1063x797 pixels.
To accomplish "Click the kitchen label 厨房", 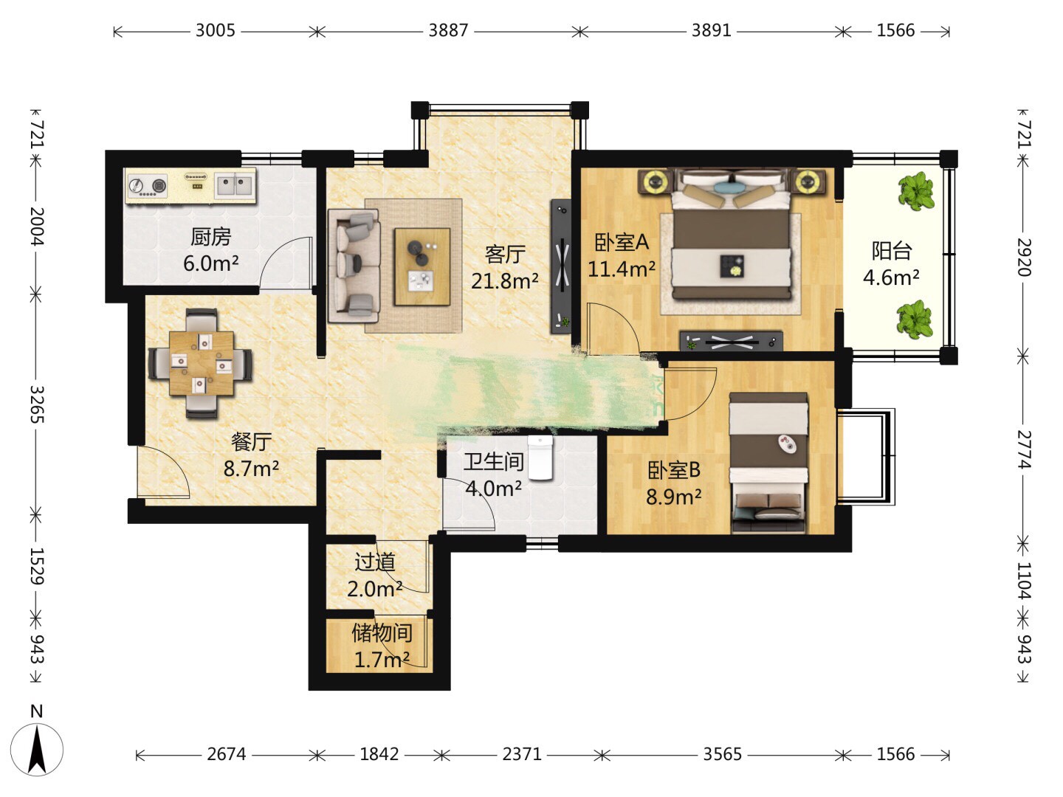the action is (210, 237).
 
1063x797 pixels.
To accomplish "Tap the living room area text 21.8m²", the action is (505, 280).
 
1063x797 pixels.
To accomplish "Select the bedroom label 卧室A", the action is (622, 243).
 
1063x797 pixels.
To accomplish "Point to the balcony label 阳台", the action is (892, 251).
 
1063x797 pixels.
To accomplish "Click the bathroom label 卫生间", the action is (494, 462).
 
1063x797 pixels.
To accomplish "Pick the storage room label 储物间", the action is (382, 632).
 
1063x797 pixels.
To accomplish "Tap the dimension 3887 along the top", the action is (448, 30).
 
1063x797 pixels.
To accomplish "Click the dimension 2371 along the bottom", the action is (522, 754).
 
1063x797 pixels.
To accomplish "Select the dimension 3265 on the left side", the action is (37, 404).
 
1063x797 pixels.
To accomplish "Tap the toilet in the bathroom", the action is (540, 458).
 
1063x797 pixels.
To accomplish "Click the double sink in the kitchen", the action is (235, 184).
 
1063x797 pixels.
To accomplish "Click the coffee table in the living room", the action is (422, 266).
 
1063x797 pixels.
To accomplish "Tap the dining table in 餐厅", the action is (202, 363).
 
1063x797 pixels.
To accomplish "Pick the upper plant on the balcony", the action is (915, 191).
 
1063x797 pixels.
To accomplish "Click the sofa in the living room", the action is (353, 266).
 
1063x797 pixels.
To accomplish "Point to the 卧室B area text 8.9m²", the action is (674, 497).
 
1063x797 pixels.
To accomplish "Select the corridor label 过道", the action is (375, 562).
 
